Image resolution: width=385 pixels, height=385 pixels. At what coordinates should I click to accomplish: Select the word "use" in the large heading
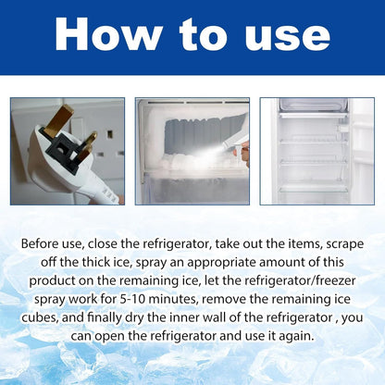point(280,35)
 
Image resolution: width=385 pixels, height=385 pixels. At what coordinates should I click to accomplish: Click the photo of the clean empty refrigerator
point(317,151)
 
